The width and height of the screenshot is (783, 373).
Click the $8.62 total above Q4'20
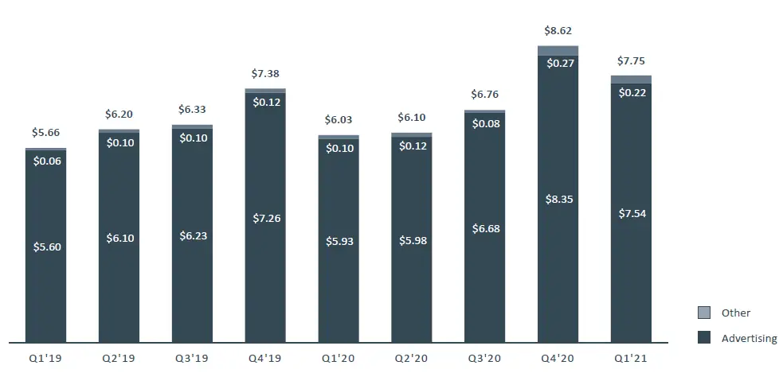click(558, 31)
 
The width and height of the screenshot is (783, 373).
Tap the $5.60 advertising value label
click(45, 247)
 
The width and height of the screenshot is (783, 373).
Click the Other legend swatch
click(703, 313)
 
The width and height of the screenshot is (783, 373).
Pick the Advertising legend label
click(749, 338)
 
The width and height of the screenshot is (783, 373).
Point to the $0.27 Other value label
click(558, 64)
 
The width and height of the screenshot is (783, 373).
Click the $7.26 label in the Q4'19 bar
click(265, 218)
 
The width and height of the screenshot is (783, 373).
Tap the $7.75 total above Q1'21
click(631, 60)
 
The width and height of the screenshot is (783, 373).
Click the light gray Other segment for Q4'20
click(558, 50)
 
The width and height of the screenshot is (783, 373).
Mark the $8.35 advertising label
click(558, 199)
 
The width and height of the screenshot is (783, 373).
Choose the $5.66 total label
click(45, 133)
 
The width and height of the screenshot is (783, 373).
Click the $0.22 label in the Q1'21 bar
click(631, 92)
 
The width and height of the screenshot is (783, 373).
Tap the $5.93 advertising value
click(339, 241)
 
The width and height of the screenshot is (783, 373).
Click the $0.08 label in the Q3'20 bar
click(484, 123)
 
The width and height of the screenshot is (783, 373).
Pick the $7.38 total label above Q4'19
click(265, 73)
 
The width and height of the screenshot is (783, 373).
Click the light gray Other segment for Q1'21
click(631, 79)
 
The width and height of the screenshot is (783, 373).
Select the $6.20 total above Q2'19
click(119, 114)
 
